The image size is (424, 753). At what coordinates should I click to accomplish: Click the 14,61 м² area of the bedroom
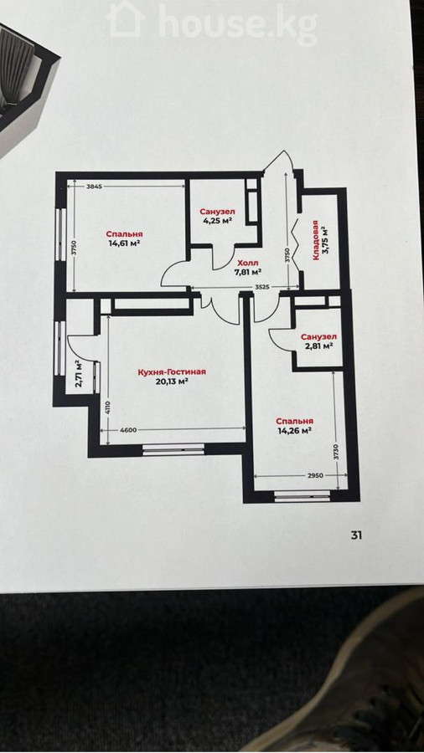click(126, 243)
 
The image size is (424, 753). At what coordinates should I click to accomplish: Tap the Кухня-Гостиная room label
click(165, 372)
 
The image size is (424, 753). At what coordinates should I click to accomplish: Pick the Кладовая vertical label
click(315, 240)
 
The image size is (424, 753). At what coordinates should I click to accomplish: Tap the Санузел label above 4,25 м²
click(217, 212)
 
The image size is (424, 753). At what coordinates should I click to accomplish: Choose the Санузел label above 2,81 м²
click(318, 336)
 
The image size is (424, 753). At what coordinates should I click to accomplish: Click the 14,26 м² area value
click(295, 430)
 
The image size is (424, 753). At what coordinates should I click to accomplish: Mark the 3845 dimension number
click(94, 187)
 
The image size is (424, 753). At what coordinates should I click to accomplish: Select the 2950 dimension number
click(315, 475)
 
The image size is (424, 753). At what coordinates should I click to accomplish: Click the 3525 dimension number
click(262, 287)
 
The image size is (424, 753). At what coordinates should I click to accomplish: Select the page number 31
click(356, 535)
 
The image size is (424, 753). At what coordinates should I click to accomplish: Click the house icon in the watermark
click(126, 18)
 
